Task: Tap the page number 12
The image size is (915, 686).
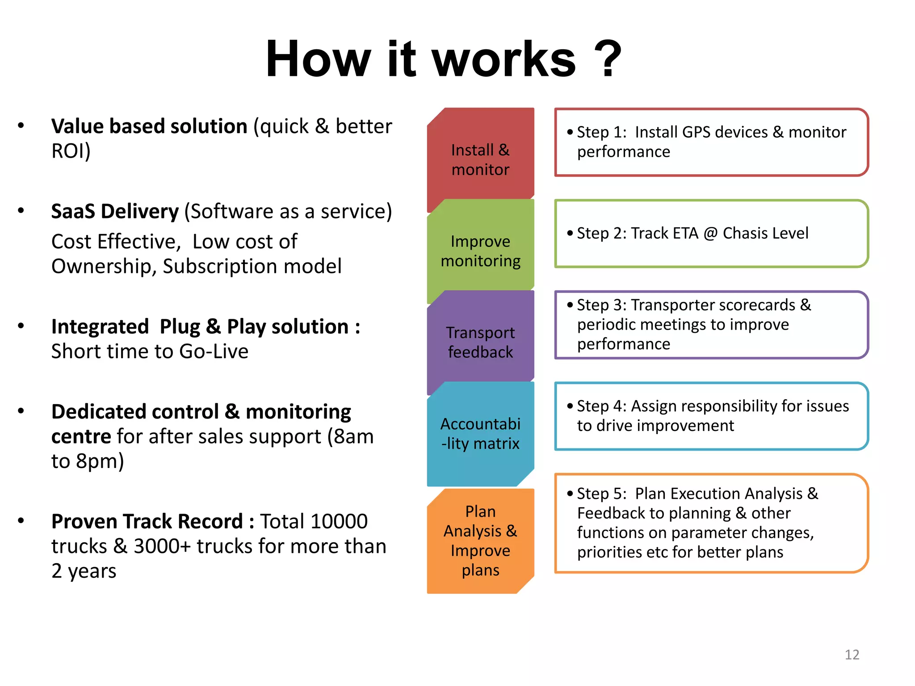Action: tap(852, 654)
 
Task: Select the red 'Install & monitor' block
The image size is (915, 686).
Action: tap(480, 159)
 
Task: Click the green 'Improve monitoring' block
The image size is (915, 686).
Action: tap(480, 251)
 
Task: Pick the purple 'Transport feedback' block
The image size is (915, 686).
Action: tap(480, 342)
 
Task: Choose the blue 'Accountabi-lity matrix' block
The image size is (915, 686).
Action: tap(480, 434)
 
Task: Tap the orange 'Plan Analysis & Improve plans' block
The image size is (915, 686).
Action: tap(480, 540)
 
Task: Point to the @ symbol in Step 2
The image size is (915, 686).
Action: tap(710, 233)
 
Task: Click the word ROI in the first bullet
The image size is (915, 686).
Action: tap(68, 151)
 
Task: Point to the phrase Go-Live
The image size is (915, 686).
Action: tap(214, 351)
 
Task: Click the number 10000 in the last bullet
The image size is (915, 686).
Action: tap(339, 521)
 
